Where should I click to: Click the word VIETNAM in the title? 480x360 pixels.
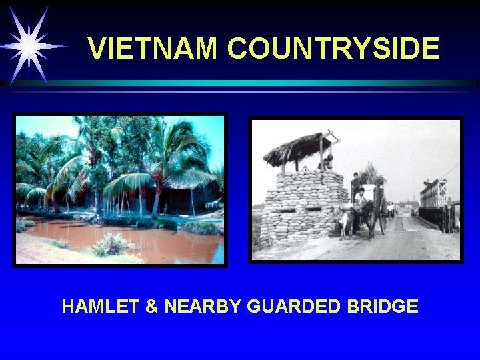tap(152, 48)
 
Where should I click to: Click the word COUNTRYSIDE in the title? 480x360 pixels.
tap(334, 48)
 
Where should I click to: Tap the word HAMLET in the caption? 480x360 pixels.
tap(101, 306)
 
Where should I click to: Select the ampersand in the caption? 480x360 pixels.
tap(151, 306)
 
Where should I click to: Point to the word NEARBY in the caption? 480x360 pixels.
tap(203, 306)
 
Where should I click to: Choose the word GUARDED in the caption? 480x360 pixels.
tap(293, 306)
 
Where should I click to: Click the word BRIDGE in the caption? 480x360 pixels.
tap(383, 306)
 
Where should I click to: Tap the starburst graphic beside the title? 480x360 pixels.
tap(30, 46)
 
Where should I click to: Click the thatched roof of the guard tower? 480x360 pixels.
tap(296, 149)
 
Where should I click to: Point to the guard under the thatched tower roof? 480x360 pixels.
tap(326, 163)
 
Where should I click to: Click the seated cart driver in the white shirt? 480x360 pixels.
tap(360, 198)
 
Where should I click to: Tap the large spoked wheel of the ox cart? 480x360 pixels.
tap(383, 217)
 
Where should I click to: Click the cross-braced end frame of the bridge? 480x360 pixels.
tap(442, 193)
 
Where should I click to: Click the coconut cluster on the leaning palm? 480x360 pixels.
tap(91, 160)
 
